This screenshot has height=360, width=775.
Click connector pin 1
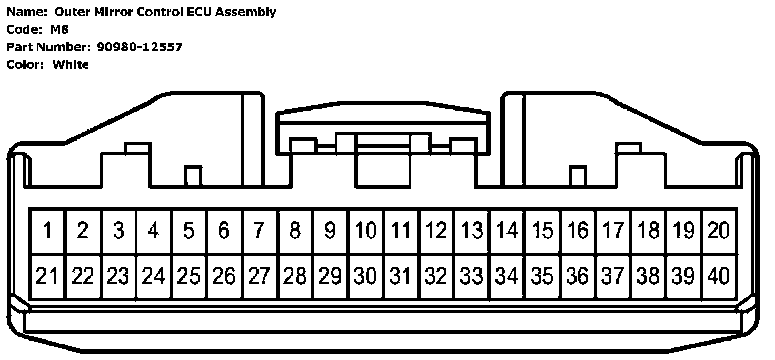48,231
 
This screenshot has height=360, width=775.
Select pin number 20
719,231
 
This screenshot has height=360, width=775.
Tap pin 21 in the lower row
47,276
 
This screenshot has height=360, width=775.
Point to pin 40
719,276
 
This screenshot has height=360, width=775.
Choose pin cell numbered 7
259,231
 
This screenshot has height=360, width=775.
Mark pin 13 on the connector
472,231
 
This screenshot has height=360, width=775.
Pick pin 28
295,276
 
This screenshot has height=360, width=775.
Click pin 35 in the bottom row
542,276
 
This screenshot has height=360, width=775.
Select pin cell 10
365,231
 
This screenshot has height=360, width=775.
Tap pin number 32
436,276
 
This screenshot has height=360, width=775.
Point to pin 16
578,231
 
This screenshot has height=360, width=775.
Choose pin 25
188,276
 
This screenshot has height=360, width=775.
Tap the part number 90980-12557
140,47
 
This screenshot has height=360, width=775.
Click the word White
70,65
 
